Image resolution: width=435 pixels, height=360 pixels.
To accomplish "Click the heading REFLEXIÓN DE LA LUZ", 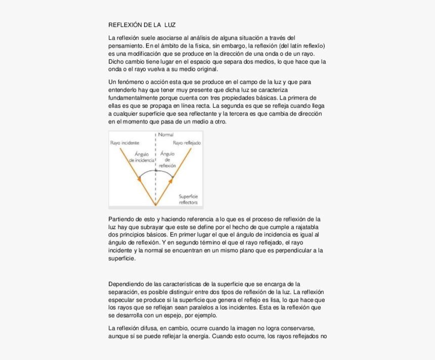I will point(142,25).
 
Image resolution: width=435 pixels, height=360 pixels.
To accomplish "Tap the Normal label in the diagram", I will point(165,135).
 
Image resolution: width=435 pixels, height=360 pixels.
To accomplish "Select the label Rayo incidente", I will point(124,143).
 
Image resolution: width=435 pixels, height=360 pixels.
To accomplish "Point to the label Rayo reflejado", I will point(187,143).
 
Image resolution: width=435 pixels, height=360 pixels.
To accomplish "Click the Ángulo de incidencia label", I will point(142,157).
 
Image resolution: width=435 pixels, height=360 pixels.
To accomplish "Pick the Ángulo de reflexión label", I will point(167,159).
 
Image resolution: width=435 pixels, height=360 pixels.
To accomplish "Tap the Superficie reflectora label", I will point(188,199).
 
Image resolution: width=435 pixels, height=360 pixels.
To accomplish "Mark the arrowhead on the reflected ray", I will point(171,178).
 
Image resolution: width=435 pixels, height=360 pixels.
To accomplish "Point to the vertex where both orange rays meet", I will point(155,205).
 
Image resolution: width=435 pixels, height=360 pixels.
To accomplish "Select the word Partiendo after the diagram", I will point(122,219).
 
